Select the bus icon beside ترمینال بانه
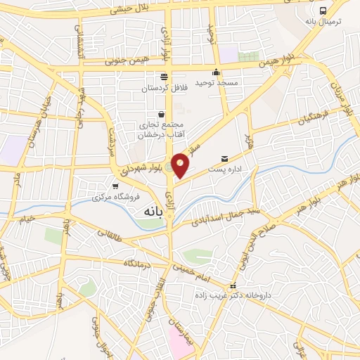[x=323, y=11]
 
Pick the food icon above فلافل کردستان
[x=164, y=77]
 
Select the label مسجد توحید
[x=217, y=83]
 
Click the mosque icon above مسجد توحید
[x=217, y=72]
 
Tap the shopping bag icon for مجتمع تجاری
[x=162, y=113]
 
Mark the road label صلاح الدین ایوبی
[x=287, y=219]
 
